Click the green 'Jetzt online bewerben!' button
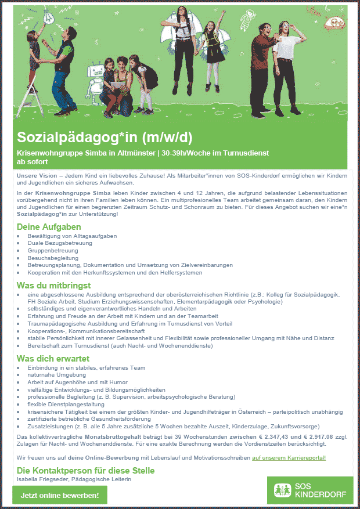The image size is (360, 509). pyautogui.click(x=60, y=495)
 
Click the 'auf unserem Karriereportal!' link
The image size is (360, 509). pyautogui.click(x=289, y=457)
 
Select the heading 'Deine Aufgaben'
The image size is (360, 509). pyautogui.click(x=49, y=227)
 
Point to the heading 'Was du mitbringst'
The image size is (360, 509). pyautogui.click(x=53, y=286)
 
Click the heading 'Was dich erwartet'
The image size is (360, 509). pyautogui.click(x=52, y=358)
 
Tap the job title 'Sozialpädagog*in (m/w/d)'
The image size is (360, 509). pyautogui.click(x=105, y=138)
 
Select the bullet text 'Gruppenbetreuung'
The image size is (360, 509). pyautogui.click(x=52, y=251)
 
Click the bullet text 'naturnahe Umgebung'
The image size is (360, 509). pyautogui.click(x=55, y=375)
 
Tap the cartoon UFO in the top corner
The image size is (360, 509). pyautogui.click(x=336, y=24)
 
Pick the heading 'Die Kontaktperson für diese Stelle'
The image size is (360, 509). pyautogui.click(x=86, y=470)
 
